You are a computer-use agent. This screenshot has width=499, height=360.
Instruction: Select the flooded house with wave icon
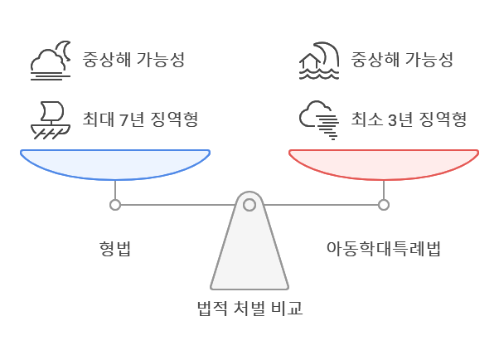click(x=319, y=61)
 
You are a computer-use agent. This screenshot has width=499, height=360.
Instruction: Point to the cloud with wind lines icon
click(x=319, y=118)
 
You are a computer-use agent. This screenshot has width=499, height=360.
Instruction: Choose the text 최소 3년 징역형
click(x=409, y=119)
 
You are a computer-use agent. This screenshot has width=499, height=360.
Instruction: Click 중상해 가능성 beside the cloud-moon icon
click(x=133, y=61)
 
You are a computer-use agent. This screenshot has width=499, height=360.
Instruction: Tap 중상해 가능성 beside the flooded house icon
click(x=401, y=61)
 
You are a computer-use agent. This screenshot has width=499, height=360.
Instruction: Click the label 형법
click(x=114, y=249)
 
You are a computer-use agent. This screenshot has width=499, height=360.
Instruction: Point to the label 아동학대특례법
click(x=383, y=249)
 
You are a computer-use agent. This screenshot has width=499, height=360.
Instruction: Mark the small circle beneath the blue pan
click(x=114, y=204)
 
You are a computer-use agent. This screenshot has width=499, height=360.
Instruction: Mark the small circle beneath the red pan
click(x=383, y=204)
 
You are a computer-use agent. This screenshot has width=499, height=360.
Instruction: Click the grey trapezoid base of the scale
click(x=249, y=257)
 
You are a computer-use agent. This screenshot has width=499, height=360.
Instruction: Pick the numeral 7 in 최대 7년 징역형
click(x=125, y=119)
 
